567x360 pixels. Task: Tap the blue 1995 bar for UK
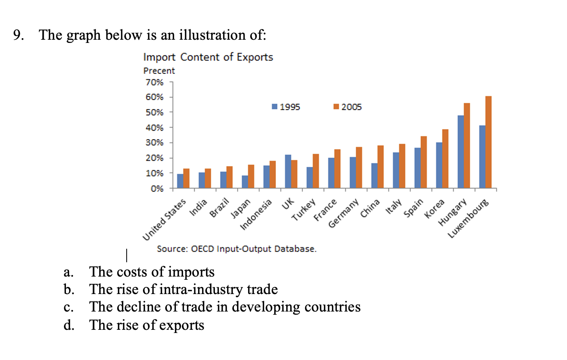[x=288, y=171]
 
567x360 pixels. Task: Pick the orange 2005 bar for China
[x=380, y=167]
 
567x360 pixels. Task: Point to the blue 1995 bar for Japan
[x=245, y=182]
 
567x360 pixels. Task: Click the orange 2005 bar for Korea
[x=445, y=159]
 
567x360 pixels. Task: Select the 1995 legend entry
[x=286, y=107]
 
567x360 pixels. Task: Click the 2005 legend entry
[x=348, y=107]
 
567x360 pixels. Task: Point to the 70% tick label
[x=154, y=82]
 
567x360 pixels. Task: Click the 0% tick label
[x=157, y=188]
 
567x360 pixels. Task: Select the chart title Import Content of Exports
[x=208, y=57]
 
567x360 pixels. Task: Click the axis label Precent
[x=159, y=71]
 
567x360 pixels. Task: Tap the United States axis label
[x=164, y=220]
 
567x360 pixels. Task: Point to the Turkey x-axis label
[x=304, y=210]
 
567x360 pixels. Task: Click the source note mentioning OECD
[x=237, y=249]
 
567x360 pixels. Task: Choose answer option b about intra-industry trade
[x=183, y=289]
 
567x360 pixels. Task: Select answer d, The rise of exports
[x=147, y=325]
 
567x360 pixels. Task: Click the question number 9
[x=18, y=35]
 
